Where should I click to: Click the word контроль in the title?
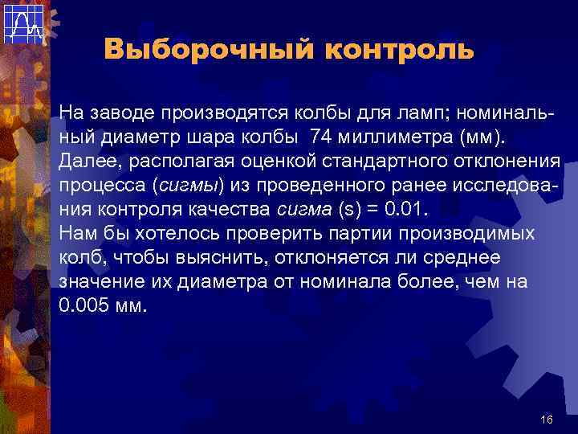coord(400,51)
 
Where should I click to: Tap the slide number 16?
coord(547,420)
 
